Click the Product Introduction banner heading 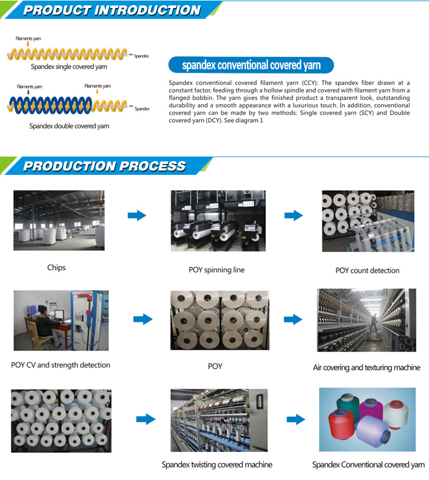coord(112,10)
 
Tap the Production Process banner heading coord(105,166)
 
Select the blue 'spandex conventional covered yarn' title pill coord(251,65)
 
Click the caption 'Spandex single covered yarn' coord(69,67)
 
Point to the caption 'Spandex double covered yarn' coord(69,126)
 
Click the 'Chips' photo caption coord(57,267)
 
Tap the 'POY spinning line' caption coord(217,270)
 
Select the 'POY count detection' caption coord(367,270)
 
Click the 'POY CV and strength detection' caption coord(61,365)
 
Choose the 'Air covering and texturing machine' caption coord(367,367)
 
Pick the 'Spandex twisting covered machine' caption coord(217,465)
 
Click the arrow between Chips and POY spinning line coord(137,215)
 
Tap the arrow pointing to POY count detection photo coord(293,215)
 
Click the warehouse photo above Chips coord(59,220)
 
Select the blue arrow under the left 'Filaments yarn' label coord(28,92)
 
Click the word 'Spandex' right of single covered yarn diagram coord(141,56)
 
